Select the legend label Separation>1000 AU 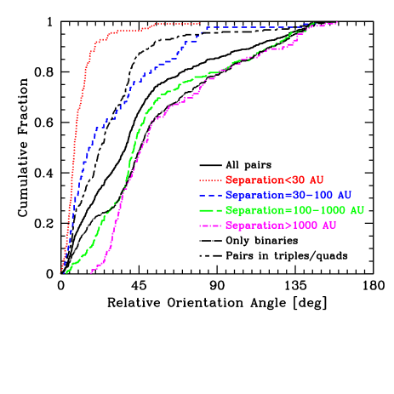coord(281,226)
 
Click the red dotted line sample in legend coord(210,180)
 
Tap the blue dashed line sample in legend coord(210,195)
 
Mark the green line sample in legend coord(210,210)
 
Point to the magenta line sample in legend coord(210,226)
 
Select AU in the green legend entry coord(357,209)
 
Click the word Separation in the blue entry coord(254,195)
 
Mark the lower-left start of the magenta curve coord(91,272)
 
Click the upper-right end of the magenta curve coord(338,23)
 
